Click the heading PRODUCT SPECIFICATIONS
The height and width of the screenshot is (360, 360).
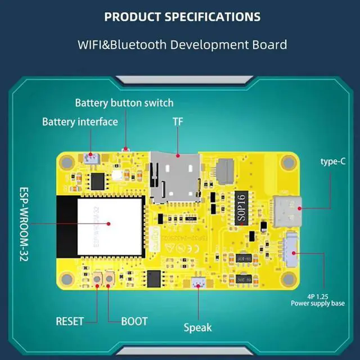coord(182,16)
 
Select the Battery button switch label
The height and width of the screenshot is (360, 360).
coord(124,103)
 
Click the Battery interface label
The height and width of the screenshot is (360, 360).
coord(80,121)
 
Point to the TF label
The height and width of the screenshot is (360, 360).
coord(178,121)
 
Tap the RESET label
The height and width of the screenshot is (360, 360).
coord(70,321)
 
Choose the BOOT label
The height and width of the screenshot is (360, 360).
coord(134,321)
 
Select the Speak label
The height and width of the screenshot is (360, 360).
coord(198,327)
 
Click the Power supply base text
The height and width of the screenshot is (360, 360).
coord(318,303)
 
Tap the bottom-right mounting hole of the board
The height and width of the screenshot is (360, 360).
coord(289,277)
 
